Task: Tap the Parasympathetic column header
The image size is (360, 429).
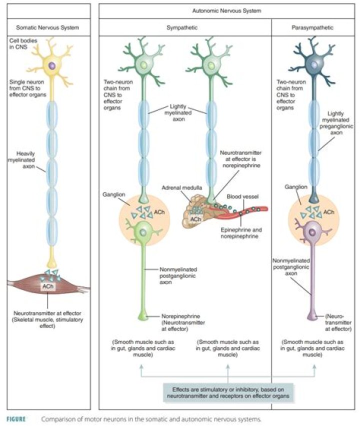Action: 313,27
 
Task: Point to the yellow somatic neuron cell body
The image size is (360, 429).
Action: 52,65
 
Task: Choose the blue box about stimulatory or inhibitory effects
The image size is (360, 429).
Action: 227,391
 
